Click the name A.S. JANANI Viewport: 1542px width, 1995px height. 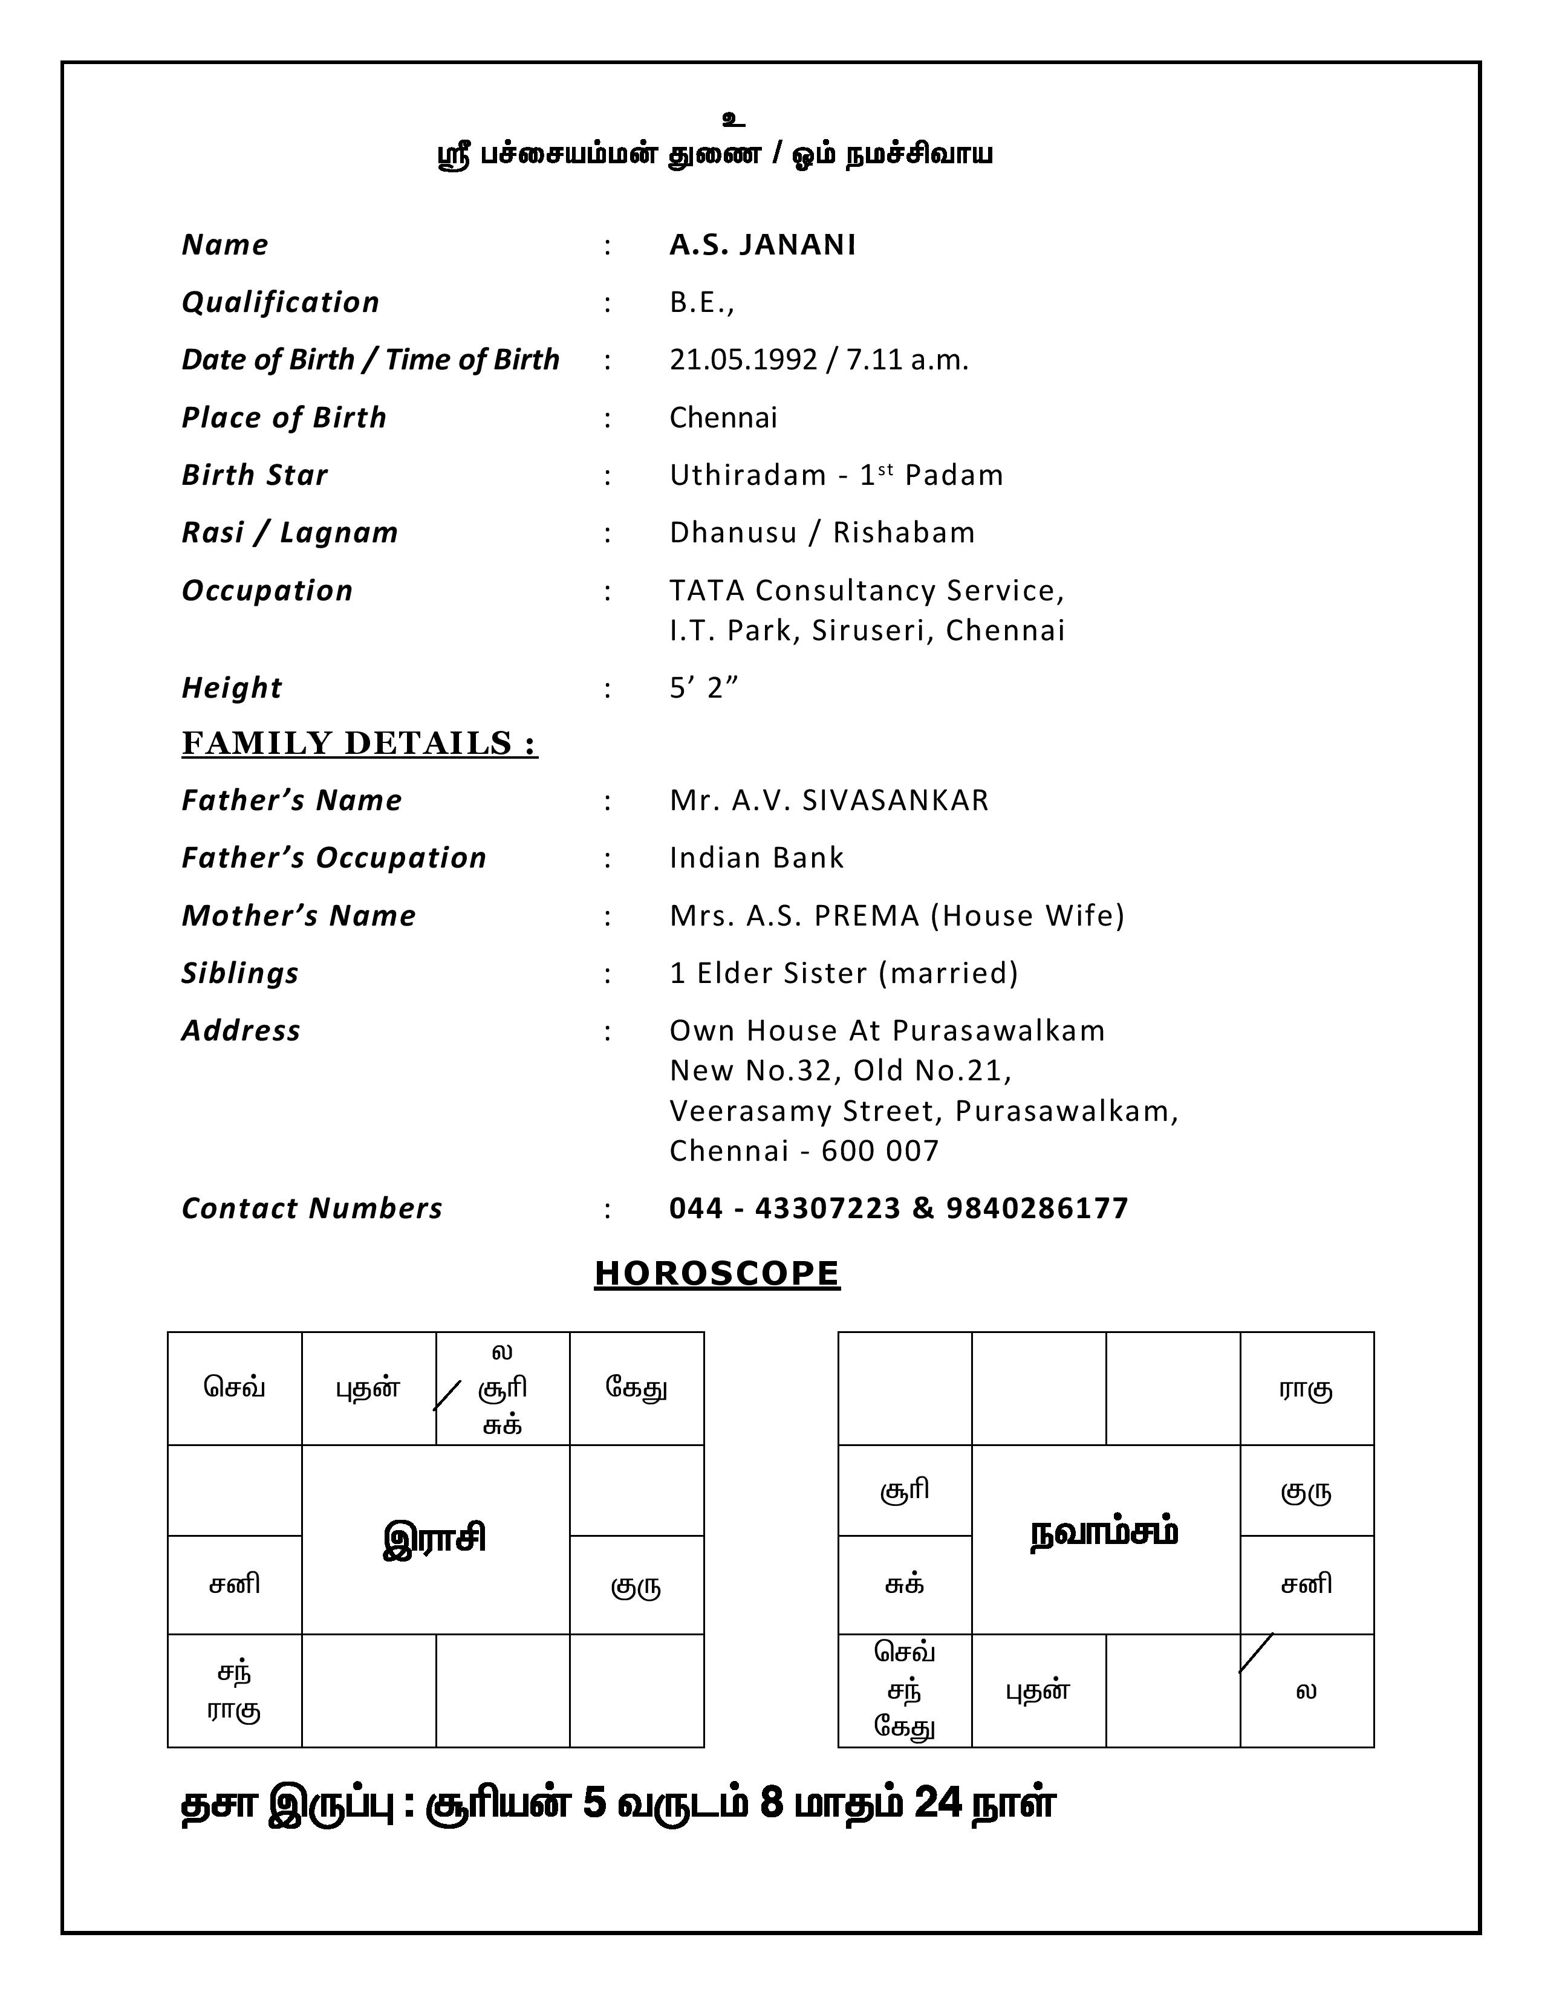pos(763,245)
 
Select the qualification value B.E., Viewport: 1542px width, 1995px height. pos(701,302)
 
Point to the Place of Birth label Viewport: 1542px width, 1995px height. pos(284,418)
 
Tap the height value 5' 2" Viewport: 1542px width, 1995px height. pos(703,688)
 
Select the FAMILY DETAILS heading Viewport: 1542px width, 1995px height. pos(359,744)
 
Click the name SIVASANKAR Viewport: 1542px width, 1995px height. pos(895,800)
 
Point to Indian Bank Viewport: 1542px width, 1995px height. pos(756,858)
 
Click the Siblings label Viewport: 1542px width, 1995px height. pos(240,973)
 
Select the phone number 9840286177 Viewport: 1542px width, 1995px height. pos(1037,1208)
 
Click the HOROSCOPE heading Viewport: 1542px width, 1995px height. pos(717,1273)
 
